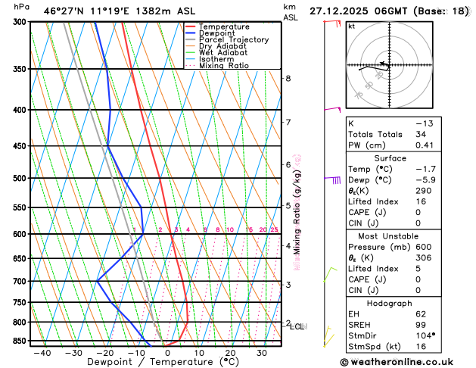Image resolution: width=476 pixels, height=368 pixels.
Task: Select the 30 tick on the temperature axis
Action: (x=261, y=353)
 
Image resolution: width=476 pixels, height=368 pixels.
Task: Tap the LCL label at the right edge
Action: (x=297, y=327)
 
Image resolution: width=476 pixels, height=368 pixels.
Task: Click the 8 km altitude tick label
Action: (x=288, y=78)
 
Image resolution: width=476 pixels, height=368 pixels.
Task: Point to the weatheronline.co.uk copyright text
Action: (x=406, y=362)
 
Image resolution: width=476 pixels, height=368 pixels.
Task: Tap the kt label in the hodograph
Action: (x=351, y=26)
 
